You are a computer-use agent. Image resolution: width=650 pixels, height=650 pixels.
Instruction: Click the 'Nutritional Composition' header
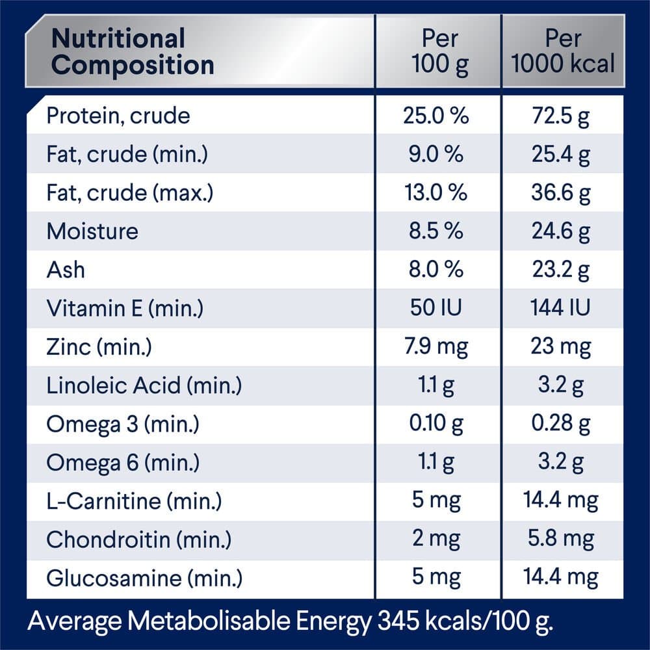point(133,51)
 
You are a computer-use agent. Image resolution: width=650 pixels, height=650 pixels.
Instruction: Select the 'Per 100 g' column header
point(439,51)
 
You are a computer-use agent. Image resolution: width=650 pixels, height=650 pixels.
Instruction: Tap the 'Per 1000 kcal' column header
point(563,51)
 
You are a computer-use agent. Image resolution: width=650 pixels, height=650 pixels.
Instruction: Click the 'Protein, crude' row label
point(118,116)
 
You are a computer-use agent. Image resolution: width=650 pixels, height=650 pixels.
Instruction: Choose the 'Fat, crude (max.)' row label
point(130,193)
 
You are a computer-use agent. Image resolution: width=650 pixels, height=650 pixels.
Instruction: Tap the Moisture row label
point(92,231)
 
